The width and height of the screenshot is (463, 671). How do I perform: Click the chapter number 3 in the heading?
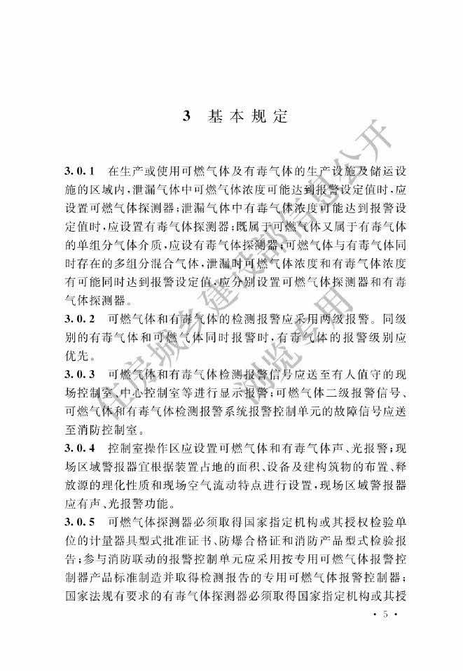pyautogui.click(x=186, y=116)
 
